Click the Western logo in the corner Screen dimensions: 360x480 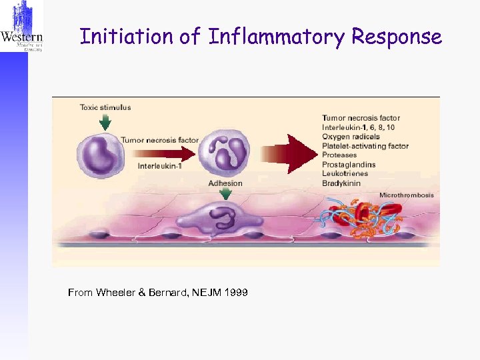[x=22, y=27]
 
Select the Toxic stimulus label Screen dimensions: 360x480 [x=105, y=107]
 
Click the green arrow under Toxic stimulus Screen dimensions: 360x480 [x=105, y=121]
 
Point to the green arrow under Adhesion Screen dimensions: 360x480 [x=226, y=193]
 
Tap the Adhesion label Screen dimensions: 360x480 [x=225, y=183]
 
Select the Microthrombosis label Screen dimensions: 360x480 [x=406, y=195]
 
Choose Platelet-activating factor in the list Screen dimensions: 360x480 [x=365, y=146]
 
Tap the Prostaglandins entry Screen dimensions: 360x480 [x=349, y=165]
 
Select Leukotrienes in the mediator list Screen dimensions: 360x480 [x=345, y=173]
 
